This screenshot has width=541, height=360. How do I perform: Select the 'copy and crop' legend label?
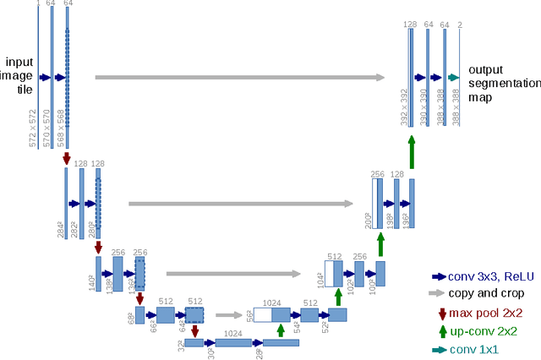click(x=488, y=293)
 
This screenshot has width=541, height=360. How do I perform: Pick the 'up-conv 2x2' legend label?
click(x=483, y=332)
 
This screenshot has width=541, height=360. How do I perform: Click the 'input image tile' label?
click(x=19, y=77)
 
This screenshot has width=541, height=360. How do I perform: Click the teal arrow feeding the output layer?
click(x=453, y=78)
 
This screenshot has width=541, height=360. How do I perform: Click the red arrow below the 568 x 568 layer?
click(x=67, y=158)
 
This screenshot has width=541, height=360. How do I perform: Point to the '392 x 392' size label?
click(x=404, y=107)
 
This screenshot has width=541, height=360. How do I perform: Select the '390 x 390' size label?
click(x=424, y=107)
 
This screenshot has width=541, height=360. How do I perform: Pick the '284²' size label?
click(x=61, y=229)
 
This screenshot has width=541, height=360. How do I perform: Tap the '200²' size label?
click(x=368, y=221)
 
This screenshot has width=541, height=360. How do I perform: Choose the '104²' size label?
click(x=320, y=279)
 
